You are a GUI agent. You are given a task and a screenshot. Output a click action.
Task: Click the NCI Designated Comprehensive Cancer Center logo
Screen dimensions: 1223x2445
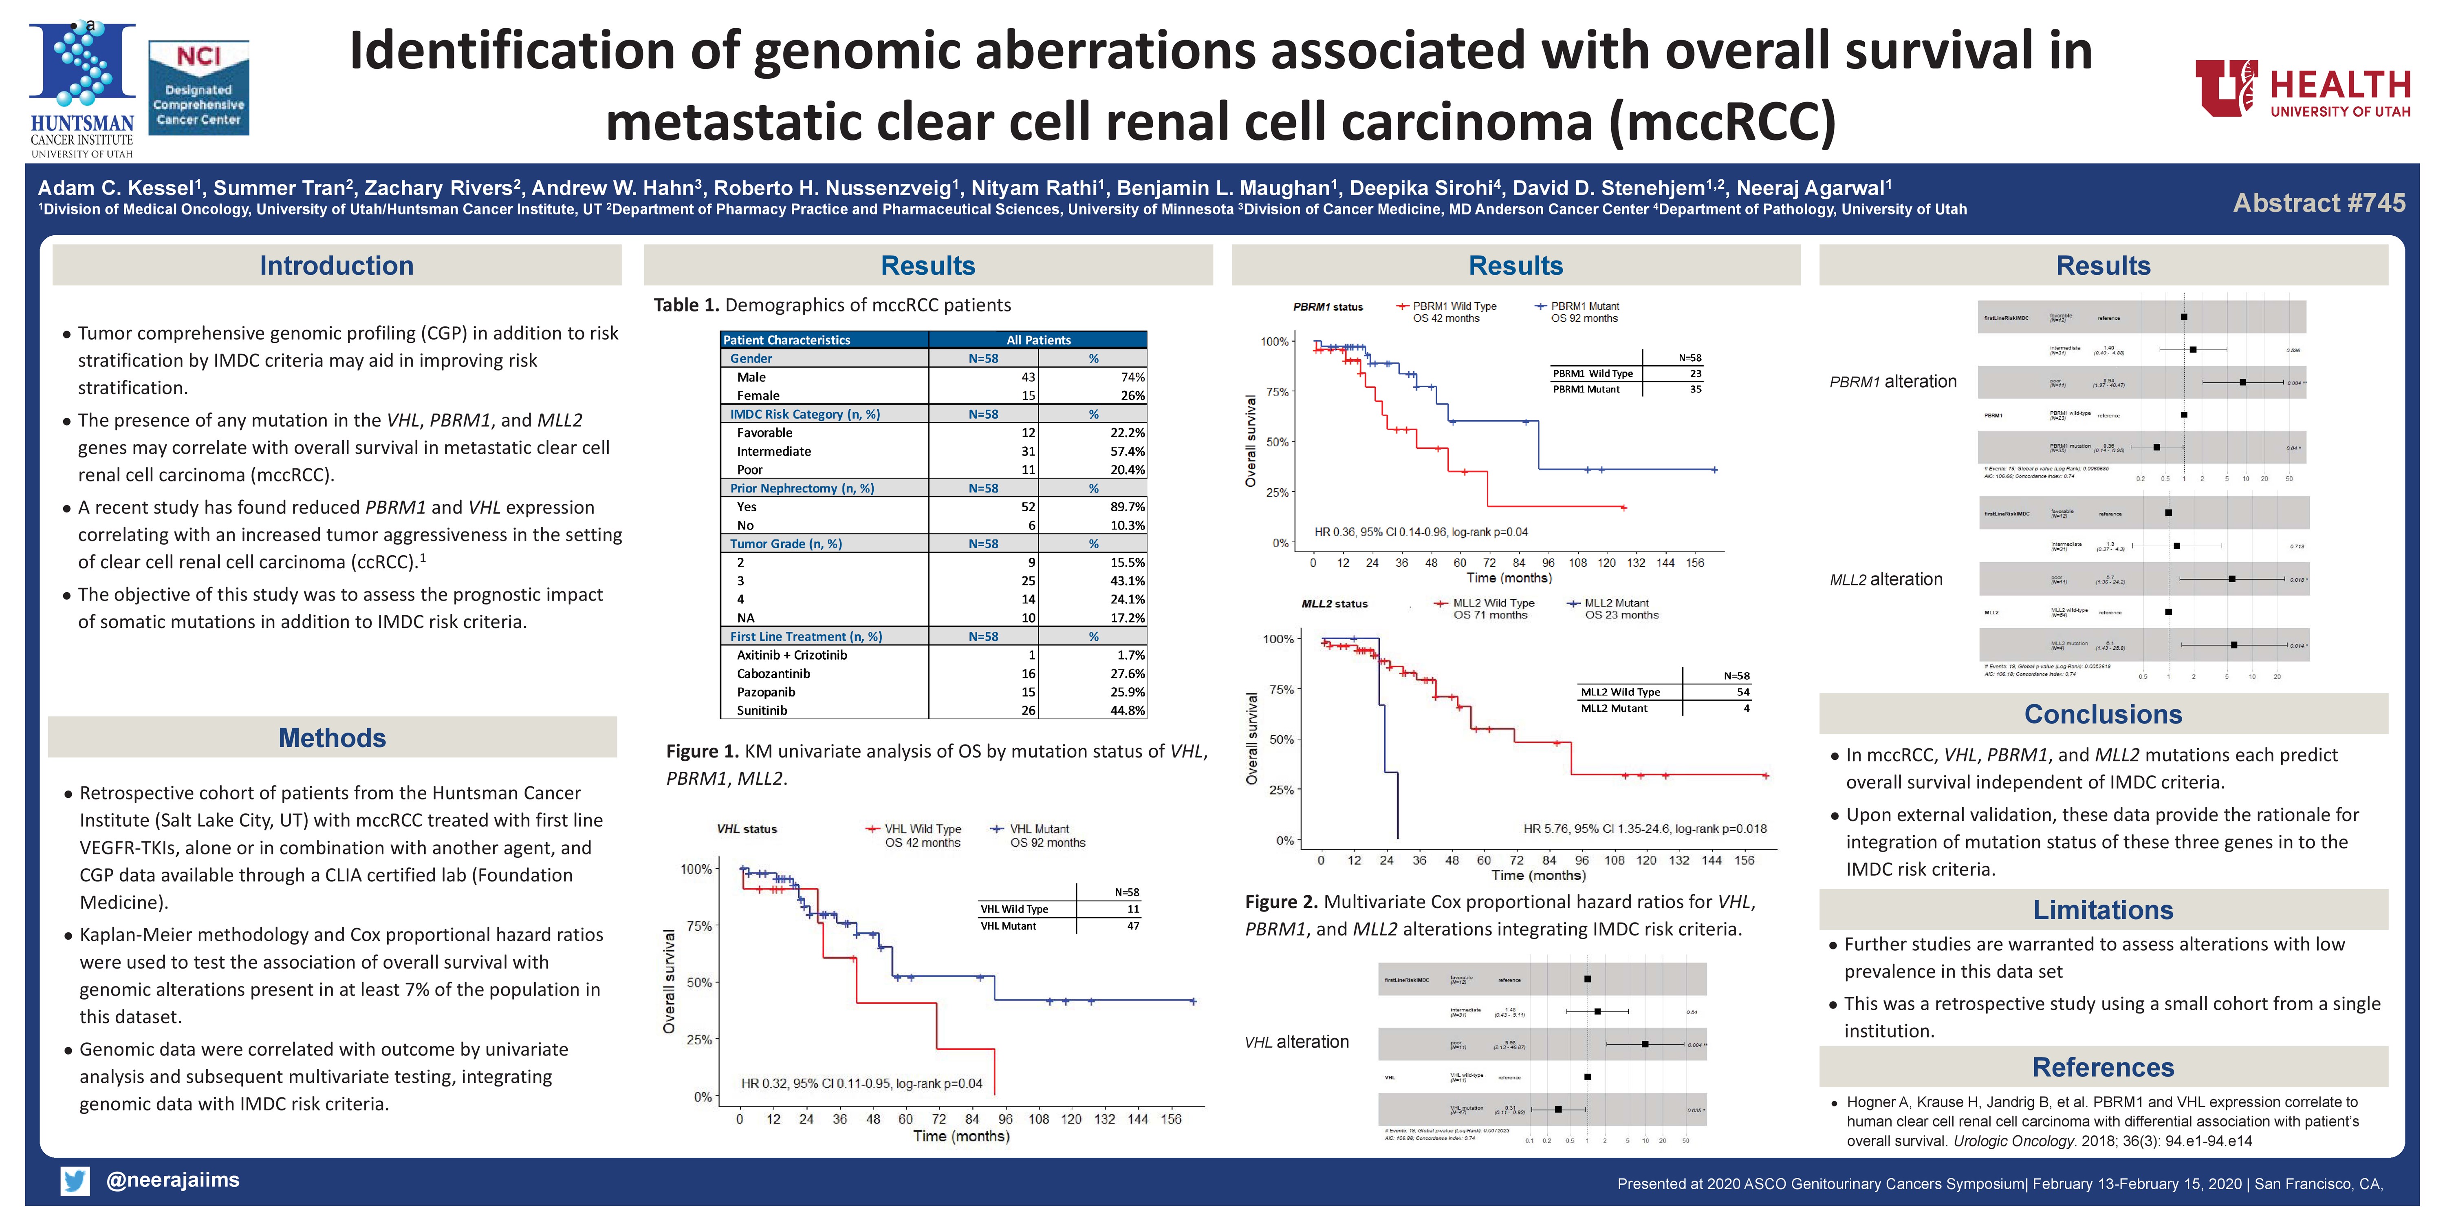click(x=198, y=87)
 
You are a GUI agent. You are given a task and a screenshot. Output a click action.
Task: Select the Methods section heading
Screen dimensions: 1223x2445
click(x=332, y=738)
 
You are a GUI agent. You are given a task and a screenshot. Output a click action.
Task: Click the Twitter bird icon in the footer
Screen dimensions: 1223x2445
click(x=75, y=1180)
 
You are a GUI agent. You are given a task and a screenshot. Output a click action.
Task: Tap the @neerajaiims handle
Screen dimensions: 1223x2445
click(x=173, y=1180)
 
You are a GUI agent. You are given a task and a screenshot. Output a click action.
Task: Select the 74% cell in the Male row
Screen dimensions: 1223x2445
click(x=1132, y=377)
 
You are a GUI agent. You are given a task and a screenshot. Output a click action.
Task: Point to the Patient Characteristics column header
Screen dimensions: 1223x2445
click(x=787, y=340)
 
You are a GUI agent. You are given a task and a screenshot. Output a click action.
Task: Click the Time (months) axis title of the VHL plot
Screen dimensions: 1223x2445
click(x=960, y=1137)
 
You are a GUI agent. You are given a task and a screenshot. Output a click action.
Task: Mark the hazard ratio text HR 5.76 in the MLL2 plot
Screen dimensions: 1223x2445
click(x=1644, y=829)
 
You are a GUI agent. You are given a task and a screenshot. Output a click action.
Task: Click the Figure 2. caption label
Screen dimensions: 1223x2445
click(x=1280, y=902)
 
